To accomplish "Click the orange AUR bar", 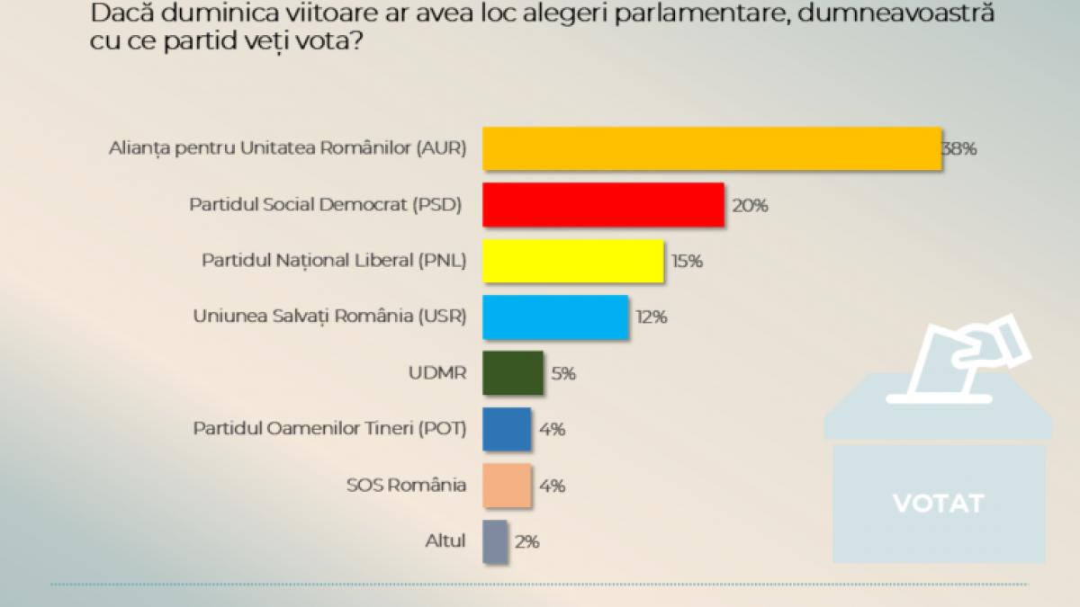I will pos(712,149).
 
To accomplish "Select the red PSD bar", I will pos(604,205).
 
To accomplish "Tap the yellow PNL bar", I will pos(573,261).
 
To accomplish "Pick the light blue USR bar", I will pos(555,317).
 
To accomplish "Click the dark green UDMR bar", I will pos(513,372).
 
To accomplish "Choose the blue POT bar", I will pos(507,429).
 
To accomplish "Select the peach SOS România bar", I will pos(507,486).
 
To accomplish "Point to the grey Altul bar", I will pos(495,541).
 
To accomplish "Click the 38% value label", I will pos(959,149).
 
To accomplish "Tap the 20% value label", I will pos(750,206).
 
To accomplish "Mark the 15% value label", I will pos(686,262).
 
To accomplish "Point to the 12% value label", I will pos(650,317).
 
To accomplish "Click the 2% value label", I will pos(527,542).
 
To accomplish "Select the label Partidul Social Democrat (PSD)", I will pos(325,205).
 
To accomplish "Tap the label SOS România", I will pos(406,486).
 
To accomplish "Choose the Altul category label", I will pos(445,541).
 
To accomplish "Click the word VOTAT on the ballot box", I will pos(938,503).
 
